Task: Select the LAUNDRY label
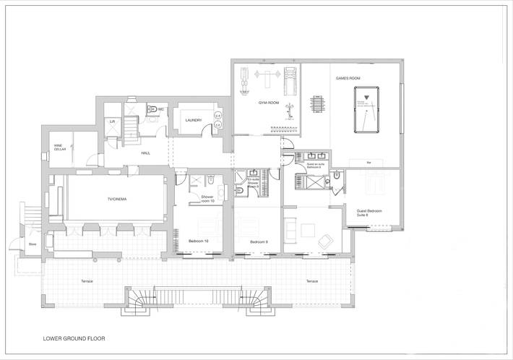193,120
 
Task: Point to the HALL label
145,153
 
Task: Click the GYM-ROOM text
269,103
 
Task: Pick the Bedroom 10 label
199,241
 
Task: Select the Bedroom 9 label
259,241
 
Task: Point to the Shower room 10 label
207,197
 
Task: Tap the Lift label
112,122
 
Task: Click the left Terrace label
87,280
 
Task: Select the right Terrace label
311,280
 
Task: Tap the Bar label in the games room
368,163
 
